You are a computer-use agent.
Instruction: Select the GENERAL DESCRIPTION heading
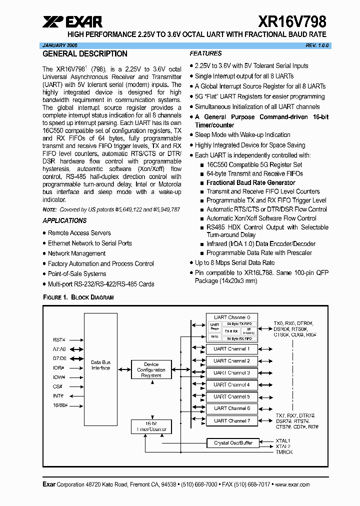(x=85, y=53)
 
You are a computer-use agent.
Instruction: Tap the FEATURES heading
(x=205, y=53)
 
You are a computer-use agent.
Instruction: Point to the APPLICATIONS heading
(x=64, y=220)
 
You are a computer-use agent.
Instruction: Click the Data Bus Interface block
(x=100, y=365)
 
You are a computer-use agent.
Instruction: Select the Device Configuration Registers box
(x=151, y=370)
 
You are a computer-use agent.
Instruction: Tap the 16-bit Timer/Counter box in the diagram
(x=151, y=426)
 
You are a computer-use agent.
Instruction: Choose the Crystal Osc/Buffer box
(x=233, y=443)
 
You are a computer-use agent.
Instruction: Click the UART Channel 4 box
(x=231, y=384)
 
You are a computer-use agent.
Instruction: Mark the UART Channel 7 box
(x=231, y=421)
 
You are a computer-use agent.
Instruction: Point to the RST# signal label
(x=59, y=339)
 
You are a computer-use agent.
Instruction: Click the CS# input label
(x=57, y=386)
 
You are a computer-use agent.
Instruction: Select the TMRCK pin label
(x=284, y=452)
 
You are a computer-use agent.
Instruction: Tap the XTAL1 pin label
(x=283, y=440)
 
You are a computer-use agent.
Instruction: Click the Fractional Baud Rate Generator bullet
(x=250, y=182)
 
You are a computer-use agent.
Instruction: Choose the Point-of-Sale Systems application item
(x=77, y=274)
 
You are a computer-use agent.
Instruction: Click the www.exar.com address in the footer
(x=292, y=484)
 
